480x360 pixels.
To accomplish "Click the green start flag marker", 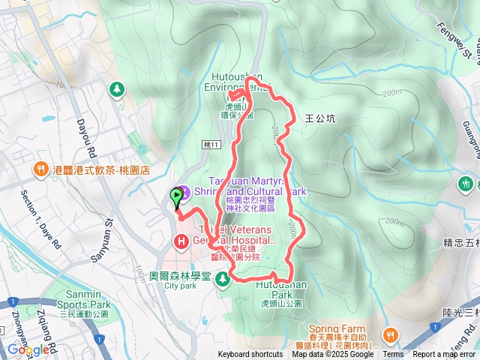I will pyautogui.click(x=178, y=197).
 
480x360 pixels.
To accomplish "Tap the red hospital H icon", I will pyautogui.click(x=181, y=241).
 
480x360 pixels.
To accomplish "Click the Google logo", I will pyautogui.click(x=28, y=349).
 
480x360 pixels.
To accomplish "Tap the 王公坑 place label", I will pyautogui.click(x=321, y=118).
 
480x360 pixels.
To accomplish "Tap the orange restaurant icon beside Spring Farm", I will pyautogui.click(x=389, y=335).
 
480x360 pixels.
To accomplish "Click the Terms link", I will pyautogui.click(x=393, y=355).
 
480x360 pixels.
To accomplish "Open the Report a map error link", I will pyautogui.click(x=444, y=355).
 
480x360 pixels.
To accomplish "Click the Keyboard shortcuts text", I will pyautogui.click(x=250, y=355).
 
